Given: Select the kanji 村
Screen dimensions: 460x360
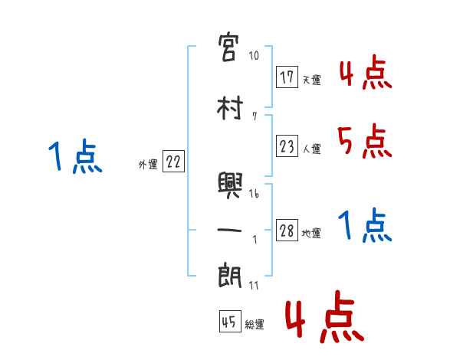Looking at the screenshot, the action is pyautogui.click(x=230, y=109).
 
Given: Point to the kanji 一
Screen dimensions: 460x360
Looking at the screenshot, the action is pyautogui.click(x=230, y=230).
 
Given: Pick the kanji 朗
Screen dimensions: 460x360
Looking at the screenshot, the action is pyautogui.click(x=230, y=276).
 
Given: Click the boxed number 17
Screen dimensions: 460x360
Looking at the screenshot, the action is pyautogui.click(x=288, y=77).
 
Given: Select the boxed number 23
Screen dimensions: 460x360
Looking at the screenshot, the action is pyautogui.click(x=288, y=147).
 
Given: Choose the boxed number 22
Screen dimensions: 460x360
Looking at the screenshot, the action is pyautogui.click(x=173, y=162).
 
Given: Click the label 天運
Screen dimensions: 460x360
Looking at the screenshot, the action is pyautogui.click(x=311, y=79).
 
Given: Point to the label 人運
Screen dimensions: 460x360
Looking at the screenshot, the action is pyautogui.click(x=311, y=149).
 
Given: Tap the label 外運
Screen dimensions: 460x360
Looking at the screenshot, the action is pyautogui.click(x=147, y=165).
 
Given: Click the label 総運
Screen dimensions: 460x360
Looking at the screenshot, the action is pyautogui.click(x=254, y=325).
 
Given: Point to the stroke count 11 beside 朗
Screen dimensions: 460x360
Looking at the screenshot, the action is pyautogui.click(x=254, y=286).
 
